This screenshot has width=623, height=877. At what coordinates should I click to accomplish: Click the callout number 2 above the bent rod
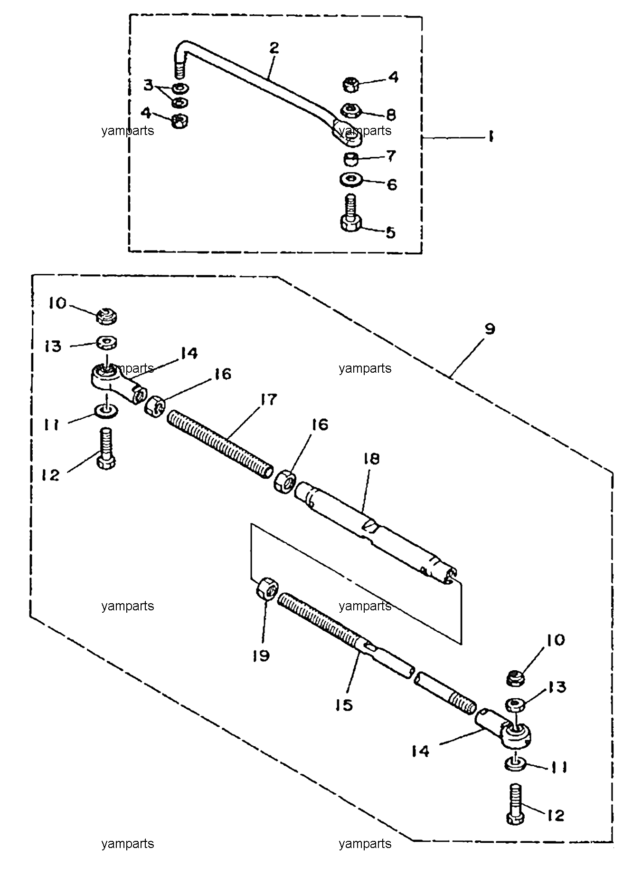[274, 48]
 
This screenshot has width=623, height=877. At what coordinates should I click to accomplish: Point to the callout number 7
[391, 156]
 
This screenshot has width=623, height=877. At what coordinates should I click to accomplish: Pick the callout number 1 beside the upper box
[490, 137]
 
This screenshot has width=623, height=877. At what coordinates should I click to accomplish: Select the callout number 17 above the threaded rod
[268, 400]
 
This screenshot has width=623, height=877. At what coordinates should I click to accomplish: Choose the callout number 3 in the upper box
[149, 86]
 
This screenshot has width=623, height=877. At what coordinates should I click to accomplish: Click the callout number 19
[261, 655]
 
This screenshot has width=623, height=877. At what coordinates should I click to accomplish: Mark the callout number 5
[390, 233]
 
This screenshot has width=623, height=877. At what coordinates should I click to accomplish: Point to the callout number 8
[391, 115]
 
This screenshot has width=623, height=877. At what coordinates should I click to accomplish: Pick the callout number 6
[392, 184]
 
